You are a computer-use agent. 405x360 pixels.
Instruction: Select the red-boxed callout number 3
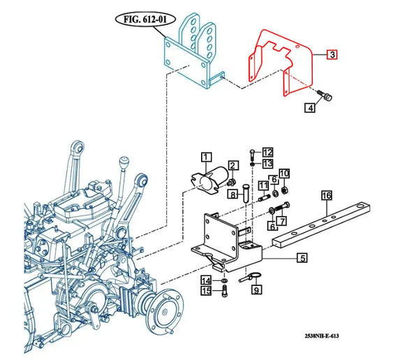332,55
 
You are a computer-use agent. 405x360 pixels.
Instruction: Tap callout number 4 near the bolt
309,108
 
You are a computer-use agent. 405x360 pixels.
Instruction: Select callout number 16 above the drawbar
326,196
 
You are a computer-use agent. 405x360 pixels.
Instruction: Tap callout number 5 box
302,258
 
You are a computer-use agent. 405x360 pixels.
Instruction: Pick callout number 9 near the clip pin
256,289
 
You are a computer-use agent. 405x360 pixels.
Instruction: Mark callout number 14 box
206,280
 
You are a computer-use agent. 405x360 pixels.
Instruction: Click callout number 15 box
206,291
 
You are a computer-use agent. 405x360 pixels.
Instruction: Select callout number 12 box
268,152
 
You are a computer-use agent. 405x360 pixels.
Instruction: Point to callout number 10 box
284,173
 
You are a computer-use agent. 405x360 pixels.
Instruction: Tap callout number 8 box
235,195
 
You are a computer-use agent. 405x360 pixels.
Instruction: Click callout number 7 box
283,221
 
